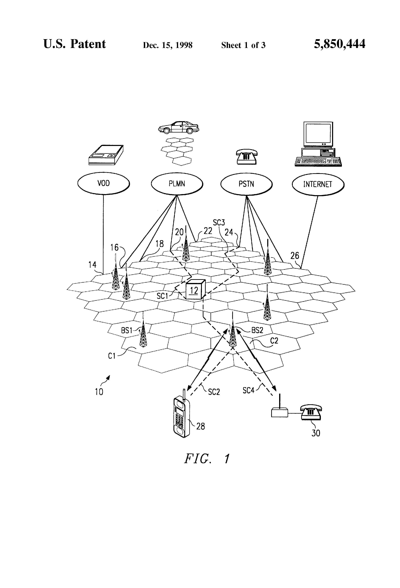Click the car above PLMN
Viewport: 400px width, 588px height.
coord(178,127)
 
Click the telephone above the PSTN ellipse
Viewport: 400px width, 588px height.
coord(247,157)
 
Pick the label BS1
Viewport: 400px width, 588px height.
coord(127,330)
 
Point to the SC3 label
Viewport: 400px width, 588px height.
coord(219,223)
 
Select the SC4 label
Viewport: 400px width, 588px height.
coord(248,390)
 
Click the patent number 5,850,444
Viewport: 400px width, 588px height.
coord(340,44)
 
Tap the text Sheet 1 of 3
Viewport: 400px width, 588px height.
coord(243,45)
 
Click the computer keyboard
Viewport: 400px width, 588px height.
coord(318,162)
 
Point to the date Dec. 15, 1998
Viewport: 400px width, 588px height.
coord(168,45)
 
